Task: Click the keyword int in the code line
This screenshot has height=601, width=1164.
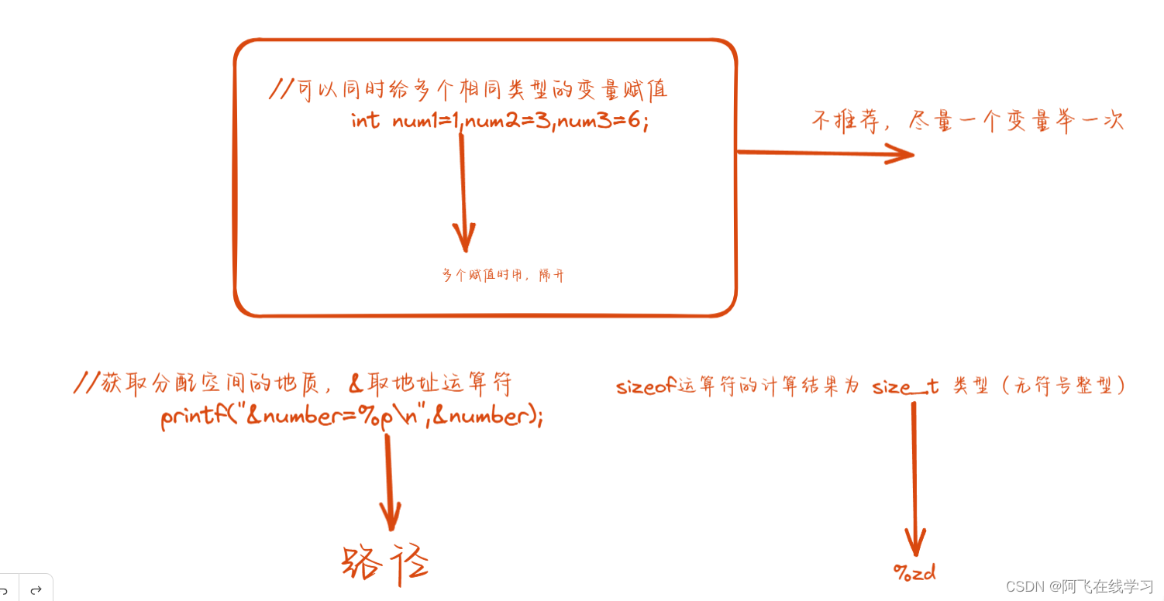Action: tap(365, 122)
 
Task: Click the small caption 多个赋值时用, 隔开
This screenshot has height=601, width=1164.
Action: tap(503, 275)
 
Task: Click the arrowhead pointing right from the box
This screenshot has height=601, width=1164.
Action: tap(899, 153)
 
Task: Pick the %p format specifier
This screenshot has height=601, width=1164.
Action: tap(371, 417)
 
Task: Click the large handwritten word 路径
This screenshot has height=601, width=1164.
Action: tap(385, 563)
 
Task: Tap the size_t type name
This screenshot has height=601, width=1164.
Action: tap(905, 386)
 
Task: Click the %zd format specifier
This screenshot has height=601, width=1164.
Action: tap(914, 573)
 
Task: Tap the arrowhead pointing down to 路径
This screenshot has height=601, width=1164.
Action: tap(390, 515)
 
